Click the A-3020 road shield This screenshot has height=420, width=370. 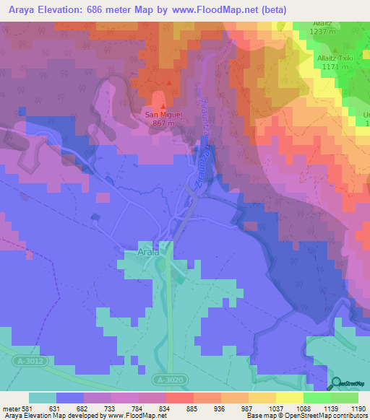pos(169,379)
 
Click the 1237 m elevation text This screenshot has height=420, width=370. pos(323,32)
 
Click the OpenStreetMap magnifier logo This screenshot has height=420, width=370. pos(337,383)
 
